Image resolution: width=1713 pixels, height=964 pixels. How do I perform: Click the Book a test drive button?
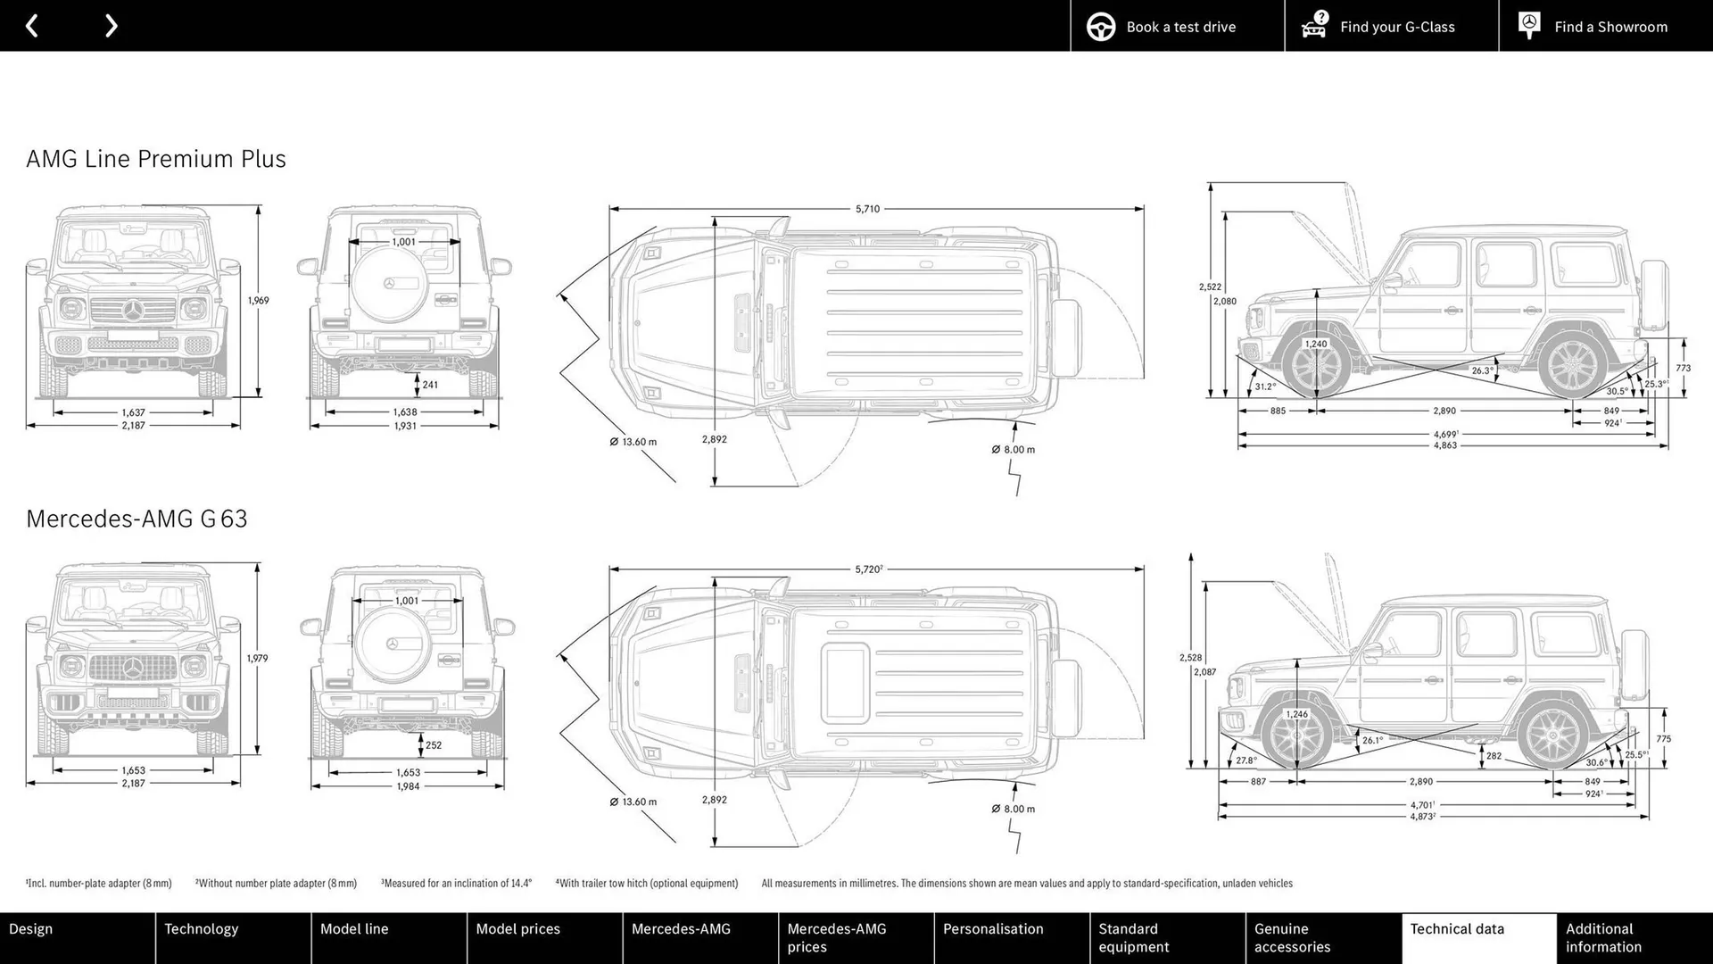1177,27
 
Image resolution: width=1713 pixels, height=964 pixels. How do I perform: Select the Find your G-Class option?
1391,27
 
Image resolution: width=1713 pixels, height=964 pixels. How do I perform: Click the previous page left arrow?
32,26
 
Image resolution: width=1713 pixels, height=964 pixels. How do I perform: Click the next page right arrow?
111,26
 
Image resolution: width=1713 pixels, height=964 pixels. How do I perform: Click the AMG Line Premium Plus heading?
156,159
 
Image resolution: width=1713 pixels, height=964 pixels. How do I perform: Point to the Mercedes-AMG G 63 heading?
137,519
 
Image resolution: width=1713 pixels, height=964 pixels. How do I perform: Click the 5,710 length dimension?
867,209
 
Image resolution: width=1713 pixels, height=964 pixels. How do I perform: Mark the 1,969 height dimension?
258,301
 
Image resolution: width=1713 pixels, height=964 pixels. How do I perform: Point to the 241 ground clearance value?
430,385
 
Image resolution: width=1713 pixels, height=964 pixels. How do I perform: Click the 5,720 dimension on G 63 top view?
868,569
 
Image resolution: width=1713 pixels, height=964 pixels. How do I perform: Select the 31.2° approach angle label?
1264,386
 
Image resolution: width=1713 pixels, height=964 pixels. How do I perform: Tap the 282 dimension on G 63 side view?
1494,756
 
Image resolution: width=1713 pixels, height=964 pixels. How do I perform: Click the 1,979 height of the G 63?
257,659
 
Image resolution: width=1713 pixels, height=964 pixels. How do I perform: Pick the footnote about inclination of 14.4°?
456,884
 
